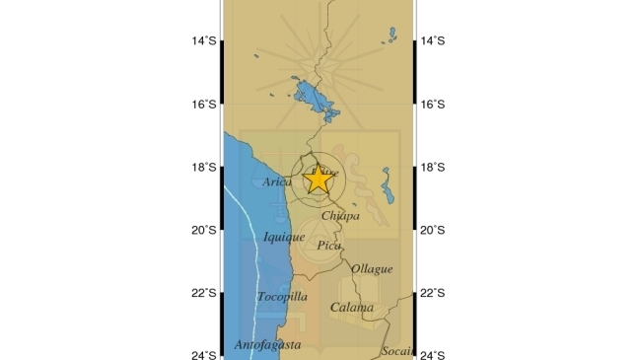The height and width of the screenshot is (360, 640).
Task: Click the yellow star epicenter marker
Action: coord(318,179)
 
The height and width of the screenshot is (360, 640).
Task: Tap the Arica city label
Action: coord(278,182)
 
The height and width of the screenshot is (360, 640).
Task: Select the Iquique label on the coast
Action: coord(284,237)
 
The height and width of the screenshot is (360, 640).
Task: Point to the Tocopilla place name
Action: coord(282,297)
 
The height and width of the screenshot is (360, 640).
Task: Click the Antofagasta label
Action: coord(268,344)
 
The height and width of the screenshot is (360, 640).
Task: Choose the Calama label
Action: coord(351,308)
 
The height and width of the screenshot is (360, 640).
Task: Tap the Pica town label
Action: coord(329,246)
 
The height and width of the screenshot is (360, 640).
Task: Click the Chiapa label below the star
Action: coord(340,215)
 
